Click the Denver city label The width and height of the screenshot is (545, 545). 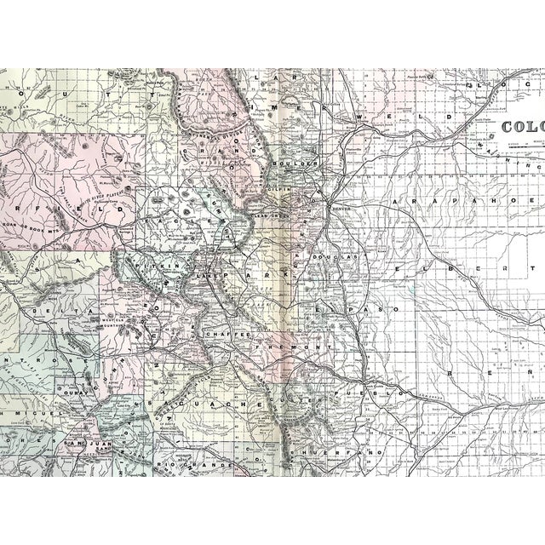pos(341,207)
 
